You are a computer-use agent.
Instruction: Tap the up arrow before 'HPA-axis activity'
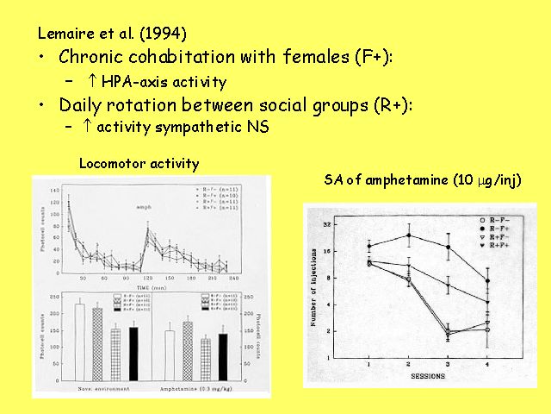(91, 82)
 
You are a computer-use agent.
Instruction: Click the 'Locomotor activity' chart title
(139, 163)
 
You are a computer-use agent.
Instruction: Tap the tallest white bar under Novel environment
(80, 342)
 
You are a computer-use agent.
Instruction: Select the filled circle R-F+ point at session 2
(409, 235)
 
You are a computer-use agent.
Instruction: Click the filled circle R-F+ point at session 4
(488, 280)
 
